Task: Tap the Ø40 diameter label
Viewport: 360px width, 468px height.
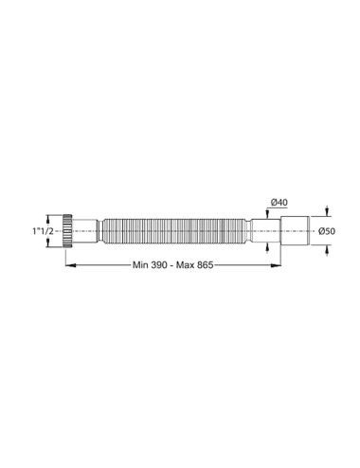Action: coord(278,202)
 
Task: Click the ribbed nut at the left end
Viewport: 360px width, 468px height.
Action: coord(68,230)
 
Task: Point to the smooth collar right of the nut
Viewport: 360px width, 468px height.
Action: coord(87,230)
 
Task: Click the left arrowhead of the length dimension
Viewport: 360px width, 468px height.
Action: coord(67,267)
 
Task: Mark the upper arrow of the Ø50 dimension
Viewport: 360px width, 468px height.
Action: coord(327,213)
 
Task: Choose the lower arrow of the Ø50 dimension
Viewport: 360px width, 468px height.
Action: coord(327,247)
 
